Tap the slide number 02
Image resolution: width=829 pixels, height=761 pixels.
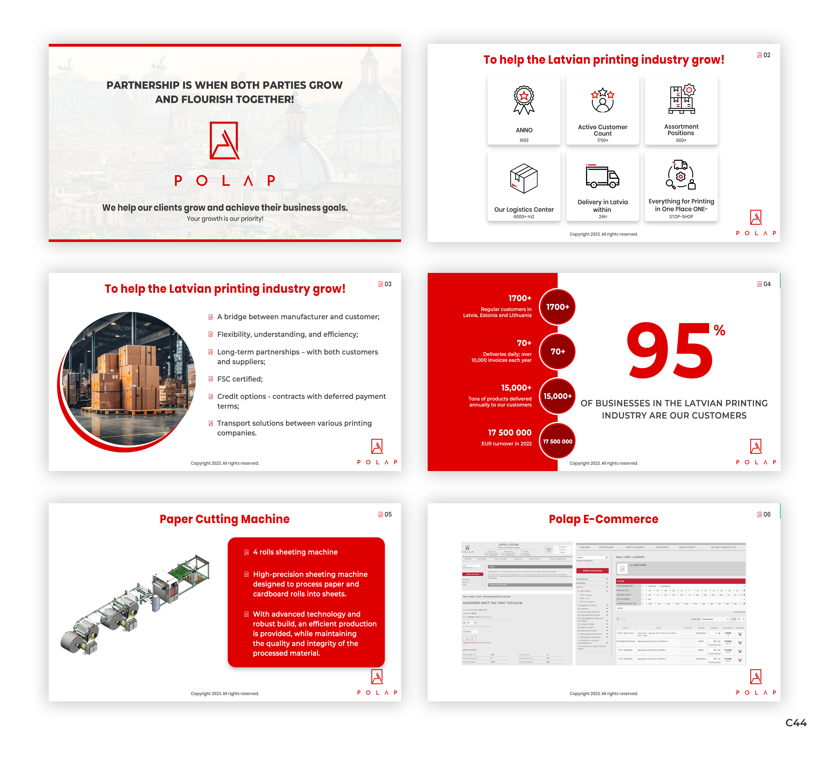766,55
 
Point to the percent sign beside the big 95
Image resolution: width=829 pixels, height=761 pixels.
719,330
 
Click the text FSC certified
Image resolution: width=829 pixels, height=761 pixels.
240,379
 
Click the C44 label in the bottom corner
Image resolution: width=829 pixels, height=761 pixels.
796,723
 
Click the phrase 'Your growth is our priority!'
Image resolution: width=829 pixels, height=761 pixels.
225,219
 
